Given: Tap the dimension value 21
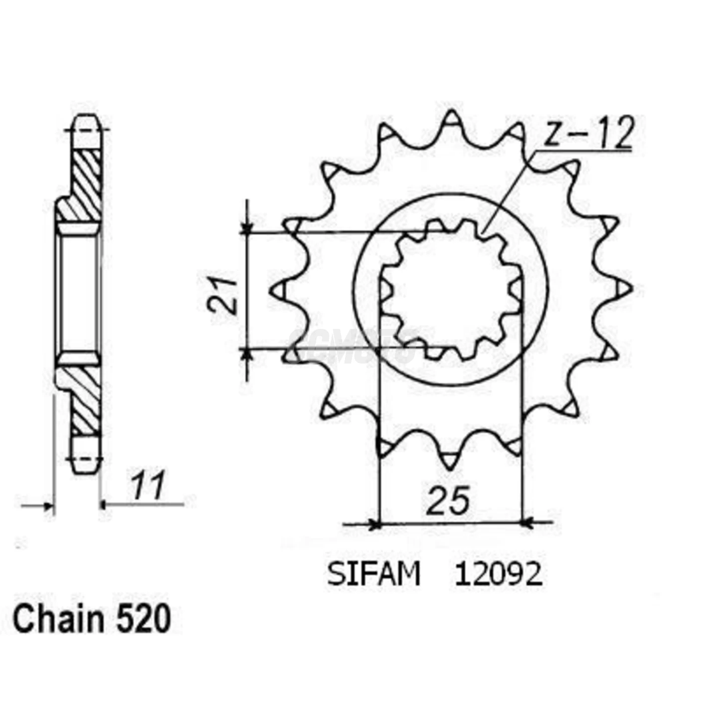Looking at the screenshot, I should [x=224, y=295].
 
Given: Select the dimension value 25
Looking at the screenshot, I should [x=449, y=500].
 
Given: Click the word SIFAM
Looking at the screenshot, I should [x=374, y=575].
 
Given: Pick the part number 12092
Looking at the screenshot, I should [x=498, y=575].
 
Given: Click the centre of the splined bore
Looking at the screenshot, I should [x=450, y=290].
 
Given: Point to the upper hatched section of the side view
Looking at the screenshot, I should [x=85, y=183].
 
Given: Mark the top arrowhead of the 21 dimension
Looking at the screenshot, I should [x=246, y=228].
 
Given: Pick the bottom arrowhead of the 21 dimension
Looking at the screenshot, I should [x=246, y=353].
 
